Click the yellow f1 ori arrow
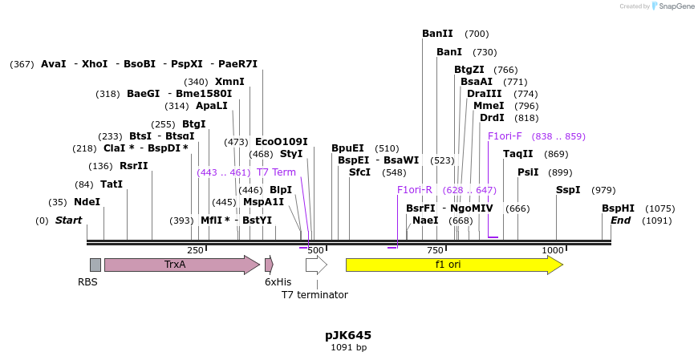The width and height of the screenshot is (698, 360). pos(453,265)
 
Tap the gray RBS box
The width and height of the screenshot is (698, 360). pos(95,265)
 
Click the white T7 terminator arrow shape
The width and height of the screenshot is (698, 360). pos(316,265)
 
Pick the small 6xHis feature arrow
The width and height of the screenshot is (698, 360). pos(270,265)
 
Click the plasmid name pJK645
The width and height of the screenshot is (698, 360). pos(348,335)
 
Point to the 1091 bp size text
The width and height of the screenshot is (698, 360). pos(348,348)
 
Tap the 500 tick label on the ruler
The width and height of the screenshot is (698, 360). pos(315,250)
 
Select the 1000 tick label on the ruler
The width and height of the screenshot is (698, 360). pos(552,250)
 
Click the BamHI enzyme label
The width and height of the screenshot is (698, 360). pos(618,208)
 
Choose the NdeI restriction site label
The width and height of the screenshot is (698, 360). pos(87,202)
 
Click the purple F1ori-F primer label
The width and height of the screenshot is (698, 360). pos(505,136)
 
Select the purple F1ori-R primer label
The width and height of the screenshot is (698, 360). pos(415,190)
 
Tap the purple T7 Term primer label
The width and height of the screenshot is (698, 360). pos(276,172)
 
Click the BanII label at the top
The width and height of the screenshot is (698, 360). pos(437,34)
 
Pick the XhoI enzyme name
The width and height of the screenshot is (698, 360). pos(95,64)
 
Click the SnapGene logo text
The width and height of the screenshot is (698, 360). pos(676,6)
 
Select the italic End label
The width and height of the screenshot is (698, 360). pos(620,220)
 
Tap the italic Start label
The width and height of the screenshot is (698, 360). pos(68,220)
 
